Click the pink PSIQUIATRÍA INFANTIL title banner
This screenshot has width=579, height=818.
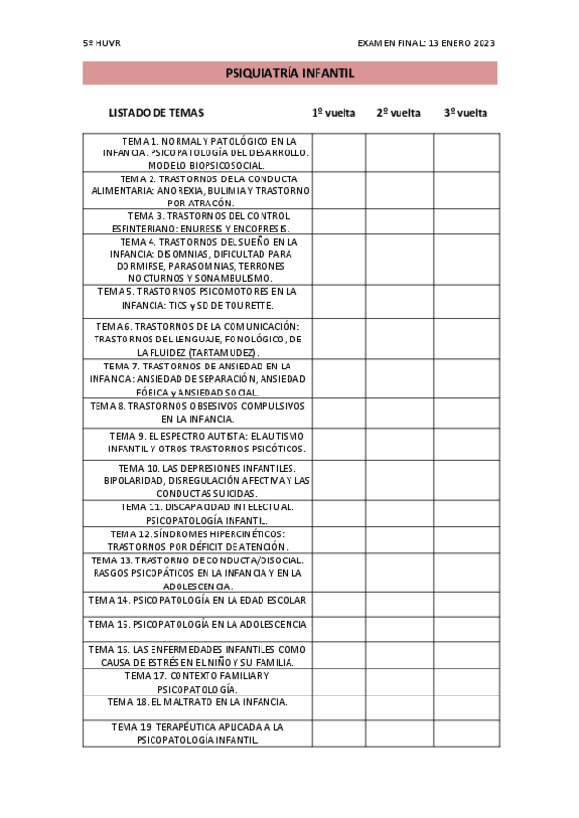(289, 73)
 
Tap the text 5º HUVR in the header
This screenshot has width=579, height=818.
(101, 43)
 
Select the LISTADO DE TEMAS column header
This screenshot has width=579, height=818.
(156, 113)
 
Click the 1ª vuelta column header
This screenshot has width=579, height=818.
(334, 113)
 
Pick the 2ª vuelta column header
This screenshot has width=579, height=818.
(399, 113)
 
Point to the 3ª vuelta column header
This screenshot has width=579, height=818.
(465, 113)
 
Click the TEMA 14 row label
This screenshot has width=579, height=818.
(197, 600)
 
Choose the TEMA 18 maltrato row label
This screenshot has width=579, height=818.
(197, 702)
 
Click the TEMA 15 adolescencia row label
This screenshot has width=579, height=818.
(197, 625)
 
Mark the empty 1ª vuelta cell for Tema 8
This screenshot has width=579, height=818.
(339, 413)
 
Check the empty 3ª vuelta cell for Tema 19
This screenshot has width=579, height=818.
(466, 732)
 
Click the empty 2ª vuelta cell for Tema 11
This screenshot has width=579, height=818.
(400, 512)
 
